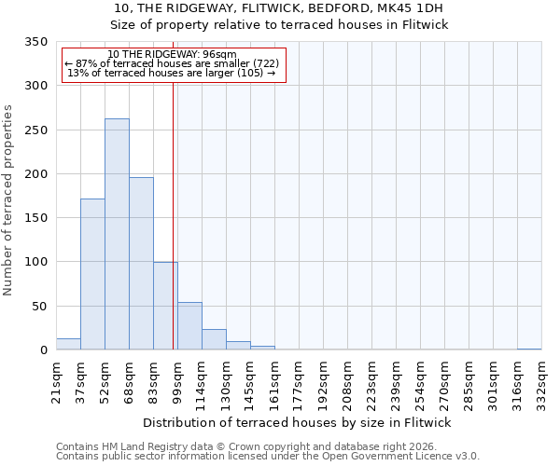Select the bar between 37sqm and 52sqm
pyautogui.click(x=92, y=274)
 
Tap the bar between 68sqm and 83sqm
pyautogui.click(x=141, y=264)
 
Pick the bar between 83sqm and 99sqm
pyautogui.click(x=165, y=306)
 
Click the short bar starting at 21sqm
pyautogui.click(x=68, y=344)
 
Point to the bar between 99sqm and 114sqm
pyautogui.click(x=189, y=326)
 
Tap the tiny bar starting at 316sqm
pyautogui.click(x=529, y=349)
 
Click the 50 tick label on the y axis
pyautogui.click(x=39, y=307)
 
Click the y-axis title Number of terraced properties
pyautogui.click(x=8, y=199)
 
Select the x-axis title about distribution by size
pyautogui.click(x=298, y=422)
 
